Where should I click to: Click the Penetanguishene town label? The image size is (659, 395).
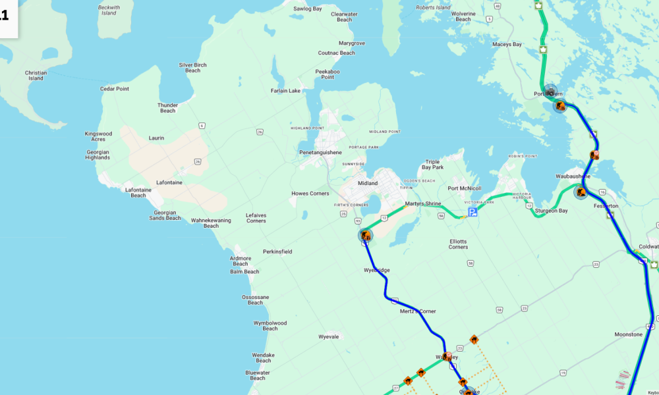321,152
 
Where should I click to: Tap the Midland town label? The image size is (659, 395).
368,183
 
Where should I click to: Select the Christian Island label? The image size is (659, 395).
36,76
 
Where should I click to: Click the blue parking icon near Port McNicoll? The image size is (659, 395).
473,211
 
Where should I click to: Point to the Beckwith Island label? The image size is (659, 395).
109,10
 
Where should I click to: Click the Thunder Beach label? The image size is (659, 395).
168,108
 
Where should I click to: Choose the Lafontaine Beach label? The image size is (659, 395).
138,192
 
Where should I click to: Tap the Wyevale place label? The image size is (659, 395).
328,336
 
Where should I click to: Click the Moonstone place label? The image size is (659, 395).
628,334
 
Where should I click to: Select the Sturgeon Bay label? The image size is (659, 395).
551,211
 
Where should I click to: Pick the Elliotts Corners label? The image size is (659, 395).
458,244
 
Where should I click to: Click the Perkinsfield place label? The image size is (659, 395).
277,251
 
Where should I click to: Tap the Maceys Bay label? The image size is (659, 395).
507,44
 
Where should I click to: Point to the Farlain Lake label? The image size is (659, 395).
285,90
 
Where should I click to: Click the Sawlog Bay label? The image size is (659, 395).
307,9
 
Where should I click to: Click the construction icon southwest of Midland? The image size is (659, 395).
365,235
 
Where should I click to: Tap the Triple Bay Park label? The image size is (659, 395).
432,165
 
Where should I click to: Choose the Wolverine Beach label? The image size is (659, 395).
463,16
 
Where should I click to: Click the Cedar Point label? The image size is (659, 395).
115,89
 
